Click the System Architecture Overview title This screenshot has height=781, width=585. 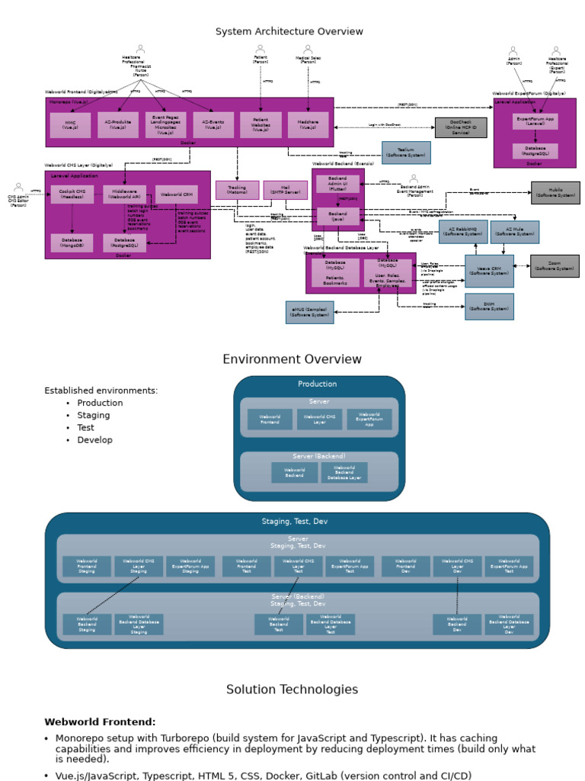289,31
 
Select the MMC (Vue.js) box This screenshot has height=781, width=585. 70,125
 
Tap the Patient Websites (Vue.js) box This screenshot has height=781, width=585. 261,125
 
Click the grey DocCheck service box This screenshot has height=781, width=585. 460,127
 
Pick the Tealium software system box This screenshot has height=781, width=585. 405,153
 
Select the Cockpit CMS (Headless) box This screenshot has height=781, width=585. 72,194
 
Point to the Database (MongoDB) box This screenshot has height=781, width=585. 72,243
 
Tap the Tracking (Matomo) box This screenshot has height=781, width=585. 237,190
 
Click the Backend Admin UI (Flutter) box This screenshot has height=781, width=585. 337,183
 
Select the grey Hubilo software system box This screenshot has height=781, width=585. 555,192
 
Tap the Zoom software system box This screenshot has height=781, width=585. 555,266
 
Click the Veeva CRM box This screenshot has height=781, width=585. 489,271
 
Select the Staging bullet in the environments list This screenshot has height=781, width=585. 93,416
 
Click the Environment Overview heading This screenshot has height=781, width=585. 292,359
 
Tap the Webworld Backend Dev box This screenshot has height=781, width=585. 457,625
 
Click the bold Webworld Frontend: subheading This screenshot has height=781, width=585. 100,722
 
